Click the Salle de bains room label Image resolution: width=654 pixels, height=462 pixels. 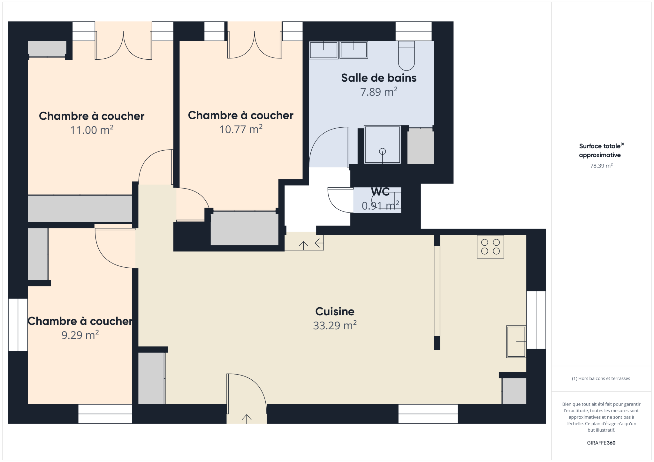(379, 78)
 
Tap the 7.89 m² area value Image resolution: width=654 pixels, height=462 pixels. (379, 92)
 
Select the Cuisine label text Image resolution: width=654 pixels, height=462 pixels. (335, 311)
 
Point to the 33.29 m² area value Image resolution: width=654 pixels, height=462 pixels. (335, 325)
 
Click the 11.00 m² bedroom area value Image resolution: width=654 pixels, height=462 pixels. (92, 130)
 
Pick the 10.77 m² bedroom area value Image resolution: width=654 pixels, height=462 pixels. (241, 129)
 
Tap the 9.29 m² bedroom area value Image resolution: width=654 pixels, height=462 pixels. (80, 335)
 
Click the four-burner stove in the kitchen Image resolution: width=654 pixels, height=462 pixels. (490, 247)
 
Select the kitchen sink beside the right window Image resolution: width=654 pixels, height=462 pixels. (516, 341)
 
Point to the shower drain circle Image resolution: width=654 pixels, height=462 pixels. (382, 151)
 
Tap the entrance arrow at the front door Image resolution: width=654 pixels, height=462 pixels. (247, 418)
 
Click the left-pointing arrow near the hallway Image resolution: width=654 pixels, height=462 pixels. (319, 243)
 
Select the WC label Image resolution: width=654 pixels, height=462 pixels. (380, 191)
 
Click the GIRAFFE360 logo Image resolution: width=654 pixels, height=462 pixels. (601, 443)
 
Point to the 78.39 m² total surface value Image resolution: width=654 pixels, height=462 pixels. (601, 166)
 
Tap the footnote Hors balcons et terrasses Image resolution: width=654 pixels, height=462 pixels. (601, 378)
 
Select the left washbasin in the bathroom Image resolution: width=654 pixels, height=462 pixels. (323, 50)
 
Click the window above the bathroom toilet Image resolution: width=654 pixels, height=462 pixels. (414, 31)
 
